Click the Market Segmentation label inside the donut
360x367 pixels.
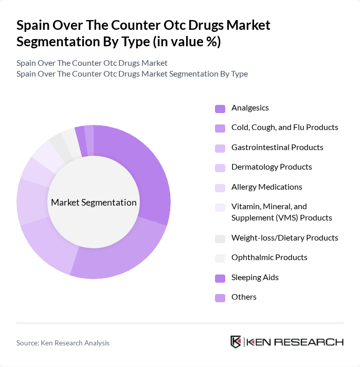click(x=94, y=203)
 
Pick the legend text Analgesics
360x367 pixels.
click(x=250, y=108)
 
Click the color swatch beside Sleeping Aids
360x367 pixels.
click(x=220, y=278)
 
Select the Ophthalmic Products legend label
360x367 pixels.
click(x=269, y=258)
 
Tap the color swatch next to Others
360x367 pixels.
click(x=220, y=298)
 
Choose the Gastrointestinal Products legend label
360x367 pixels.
click(x=277, y=148)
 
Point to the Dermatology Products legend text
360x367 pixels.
click(x=272, y=167)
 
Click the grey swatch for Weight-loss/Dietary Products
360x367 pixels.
click(x=220, y=238)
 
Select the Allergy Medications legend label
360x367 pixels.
click(x=266, y=187)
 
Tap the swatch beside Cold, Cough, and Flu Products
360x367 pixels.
click(x=220, y=128)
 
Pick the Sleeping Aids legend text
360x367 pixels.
click(x=255, y=278)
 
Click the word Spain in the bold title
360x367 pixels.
click(x=32, y=25)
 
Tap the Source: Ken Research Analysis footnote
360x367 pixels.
click(x=63, y=343)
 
